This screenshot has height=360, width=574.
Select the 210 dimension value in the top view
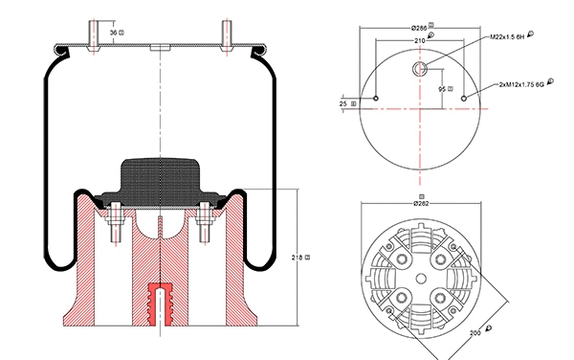418,41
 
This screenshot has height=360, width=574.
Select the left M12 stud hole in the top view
378,98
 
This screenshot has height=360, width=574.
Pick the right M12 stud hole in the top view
464,98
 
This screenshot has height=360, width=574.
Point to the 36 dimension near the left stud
116,33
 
